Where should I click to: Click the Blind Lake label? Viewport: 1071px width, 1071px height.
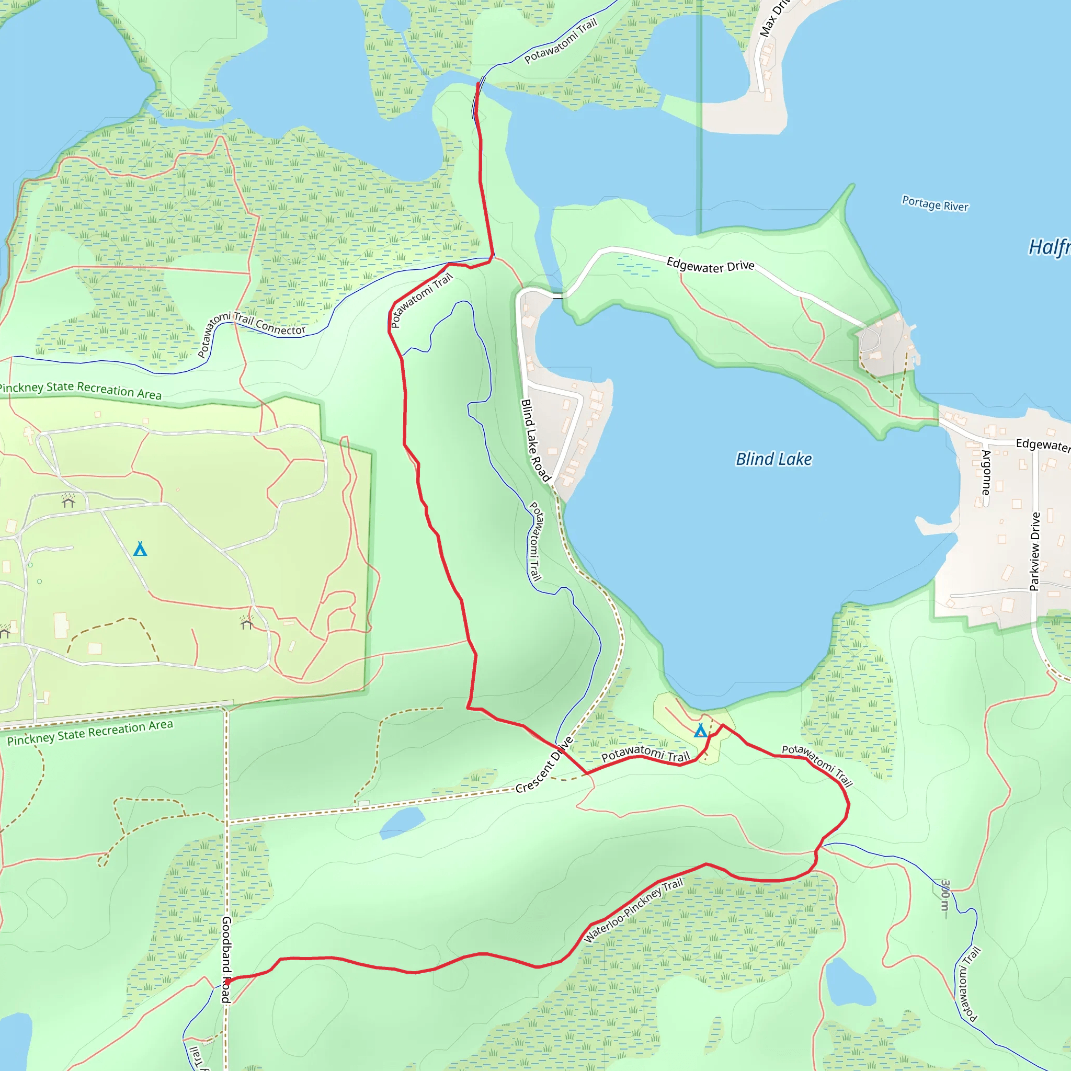coord(773,459)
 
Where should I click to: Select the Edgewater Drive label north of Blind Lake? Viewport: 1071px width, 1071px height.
coord(710,266)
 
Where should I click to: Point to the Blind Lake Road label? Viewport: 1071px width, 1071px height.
coord(534,441)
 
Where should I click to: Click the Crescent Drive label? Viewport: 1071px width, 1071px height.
coord(544,766)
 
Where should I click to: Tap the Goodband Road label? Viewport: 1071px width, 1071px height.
coord(226,960)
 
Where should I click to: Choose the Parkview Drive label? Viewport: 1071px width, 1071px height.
coord(1034,551)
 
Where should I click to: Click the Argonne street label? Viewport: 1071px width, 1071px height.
coord(986,472)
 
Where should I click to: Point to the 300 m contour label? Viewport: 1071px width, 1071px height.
coord(945,895)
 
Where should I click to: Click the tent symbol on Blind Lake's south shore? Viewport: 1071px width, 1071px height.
coord(701,731)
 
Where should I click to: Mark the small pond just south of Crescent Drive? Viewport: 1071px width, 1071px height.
coord(403,822)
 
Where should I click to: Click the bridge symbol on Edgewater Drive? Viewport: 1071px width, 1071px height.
coord(557,295)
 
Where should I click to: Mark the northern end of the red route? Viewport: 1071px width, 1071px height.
coord(478,84)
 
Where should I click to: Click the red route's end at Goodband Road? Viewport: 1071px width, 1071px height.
coord(227,981)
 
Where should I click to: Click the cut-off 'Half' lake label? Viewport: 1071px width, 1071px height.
coord(1049,247)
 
